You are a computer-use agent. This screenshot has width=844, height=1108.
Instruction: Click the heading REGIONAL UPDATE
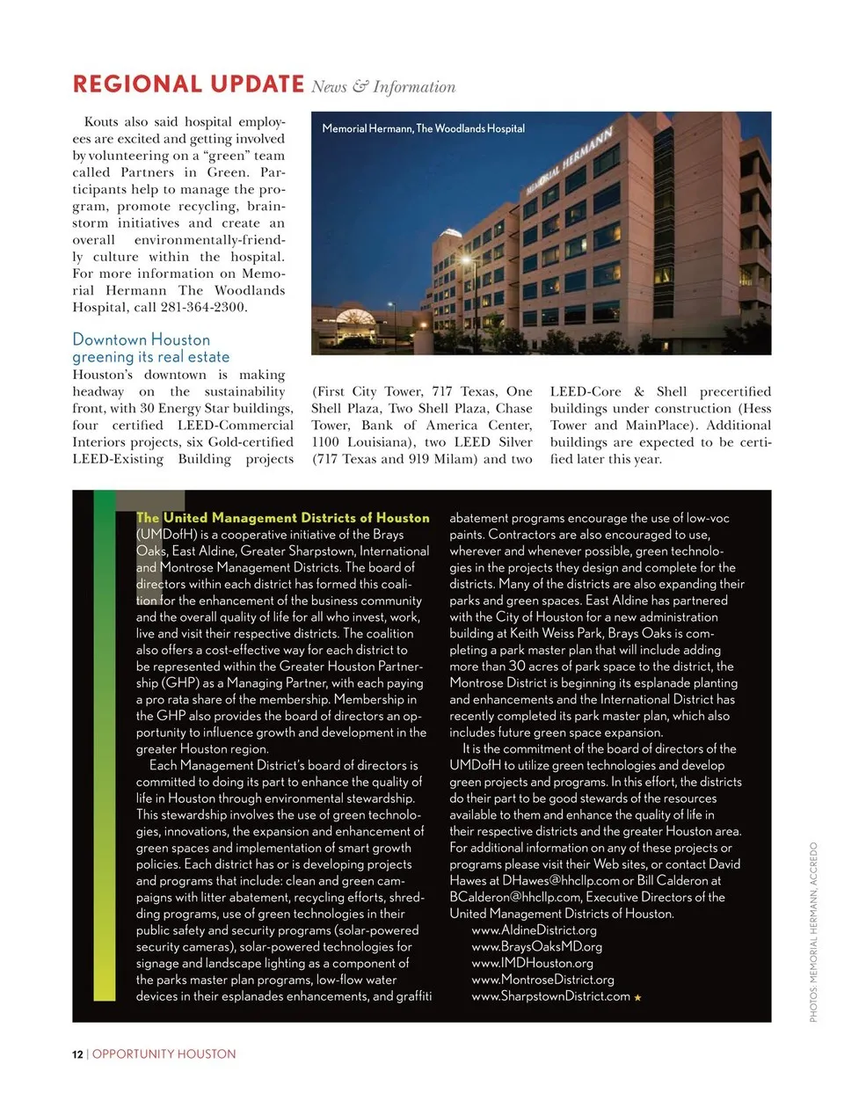coord(188,84)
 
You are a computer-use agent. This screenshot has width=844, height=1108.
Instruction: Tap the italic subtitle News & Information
coord(383,86)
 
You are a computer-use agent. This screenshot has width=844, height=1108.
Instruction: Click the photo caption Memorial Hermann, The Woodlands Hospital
coord(423,128)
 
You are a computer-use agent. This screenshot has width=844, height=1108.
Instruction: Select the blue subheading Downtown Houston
coord(142,339)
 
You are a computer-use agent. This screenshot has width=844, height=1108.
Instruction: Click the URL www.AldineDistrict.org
coord(534,930)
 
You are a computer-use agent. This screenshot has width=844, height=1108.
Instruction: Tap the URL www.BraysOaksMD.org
coord(536,947)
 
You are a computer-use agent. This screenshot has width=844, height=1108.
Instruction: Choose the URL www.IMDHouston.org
coord(532,964)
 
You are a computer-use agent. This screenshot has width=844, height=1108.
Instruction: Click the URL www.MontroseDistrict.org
coord(542,980)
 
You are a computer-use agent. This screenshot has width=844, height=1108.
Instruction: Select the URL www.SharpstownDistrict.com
coord(550,996)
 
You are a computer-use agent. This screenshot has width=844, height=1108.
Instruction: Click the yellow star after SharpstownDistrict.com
coord(637,997)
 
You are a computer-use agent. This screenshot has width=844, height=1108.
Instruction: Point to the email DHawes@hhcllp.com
coord(561,880)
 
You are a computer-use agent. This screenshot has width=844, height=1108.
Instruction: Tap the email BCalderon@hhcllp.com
coord(514,897)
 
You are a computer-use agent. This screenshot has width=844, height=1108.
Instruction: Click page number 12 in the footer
coord(77,1053)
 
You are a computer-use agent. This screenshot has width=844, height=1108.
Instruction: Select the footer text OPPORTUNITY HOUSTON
coord(164,1053)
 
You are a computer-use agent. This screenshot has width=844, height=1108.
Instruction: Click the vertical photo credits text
coord(813,932)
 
